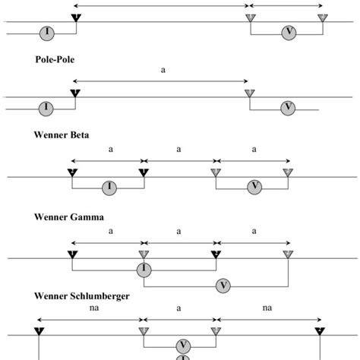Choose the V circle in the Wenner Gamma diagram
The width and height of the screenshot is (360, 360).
(223, 286)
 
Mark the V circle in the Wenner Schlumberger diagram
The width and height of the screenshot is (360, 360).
(183, 344)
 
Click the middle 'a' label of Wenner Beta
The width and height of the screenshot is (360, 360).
(179, 149)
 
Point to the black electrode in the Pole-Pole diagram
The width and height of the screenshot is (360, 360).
(74, 93)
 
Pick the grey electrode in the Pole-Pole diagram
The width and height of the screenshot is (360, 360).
(249, 93)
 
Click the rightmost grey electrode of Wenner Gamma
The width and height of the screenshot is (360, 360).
(288, 253)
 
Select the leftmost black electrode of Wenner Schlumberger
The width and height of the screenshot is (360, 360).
(36, 331)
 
